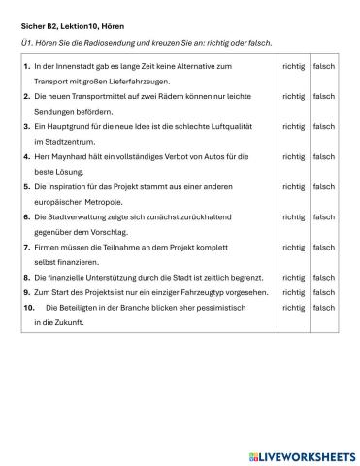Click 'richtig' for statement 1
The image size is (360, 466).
(292, 65)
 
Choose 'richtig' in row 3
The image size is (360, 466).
(292, 126)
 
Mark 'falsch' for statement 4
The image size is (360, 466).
(323, 156)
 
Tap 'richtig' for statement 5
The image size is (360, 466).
(292, 186)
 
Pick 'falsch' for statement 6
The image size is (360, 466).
(323, 216)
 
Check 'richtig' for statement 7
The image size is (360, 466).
(292, 247)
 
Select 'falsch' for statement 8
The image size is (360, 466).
(323, 277)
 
